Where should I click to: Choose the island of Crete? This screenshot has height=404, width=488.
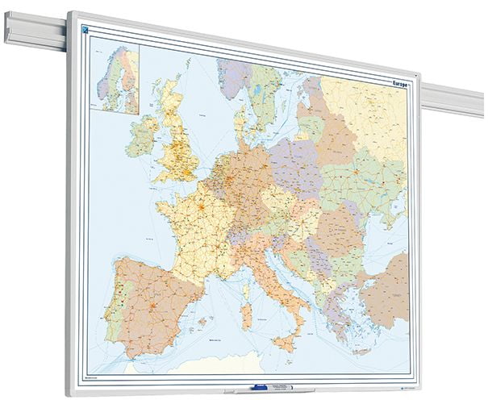click(352, 350)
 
